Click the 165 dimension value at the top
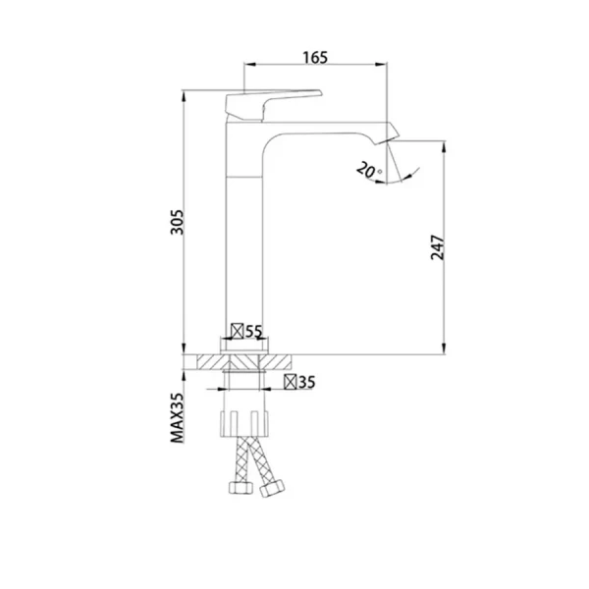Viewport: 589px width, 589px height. click(314, 58)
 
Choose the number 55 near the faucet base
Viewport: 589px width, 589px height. click(254, 332)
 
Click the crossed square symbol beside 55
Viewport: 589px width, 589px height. click(237, 332)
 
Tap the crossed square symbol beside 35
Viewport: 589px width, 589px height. click(292, 382)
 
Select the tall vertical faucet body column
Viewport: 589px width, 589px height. click(244, 236)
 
